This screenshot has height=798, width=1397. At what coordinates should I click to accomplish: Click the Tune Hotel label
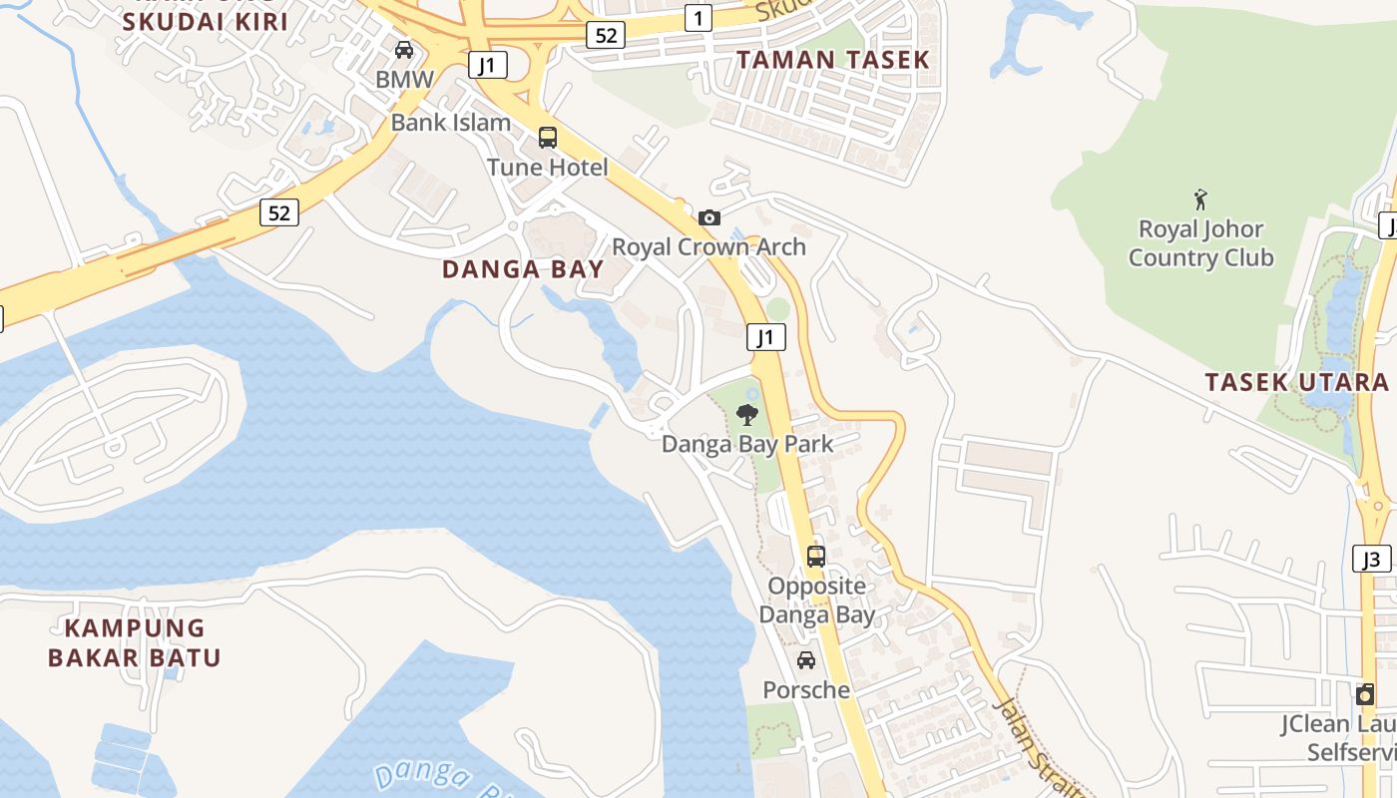click(547, 167)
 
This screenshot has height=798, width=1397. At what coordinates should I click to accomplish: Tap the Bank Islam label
click(450, 123)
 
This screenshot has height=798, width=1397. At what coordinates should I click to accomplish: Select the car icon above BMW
click(404, 50)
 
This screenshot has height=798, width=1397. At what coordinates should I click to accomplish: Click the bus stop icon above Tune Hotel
click(547, 138)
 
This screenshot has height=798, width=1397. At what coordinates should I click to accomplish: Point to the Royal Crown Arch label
click(708, 246)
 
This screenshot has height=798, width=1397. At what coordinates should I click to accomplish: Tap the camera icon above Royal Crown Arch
click(708, 217)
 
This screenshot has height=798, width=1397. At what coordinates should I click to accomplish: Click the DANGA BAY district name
click(523, 269)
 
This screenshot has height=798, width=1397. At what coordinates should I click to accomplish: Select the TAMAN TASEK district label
click(833, 60)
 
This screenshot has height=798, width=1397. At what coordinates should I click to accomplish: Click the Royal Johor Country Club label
click(1200, 243)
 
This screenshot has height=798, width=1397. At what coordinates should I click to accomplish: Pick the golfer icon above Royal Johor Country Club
click(1200, 199)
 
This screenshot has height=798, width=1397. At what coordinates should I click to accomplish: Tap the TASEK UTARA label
click(1296, 382)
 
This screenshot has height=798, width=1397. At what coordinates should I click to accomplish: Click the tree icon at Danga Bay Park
click(746, 415)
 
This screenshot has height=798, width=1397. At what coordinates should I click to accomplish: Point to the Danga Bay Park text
click(746, 444)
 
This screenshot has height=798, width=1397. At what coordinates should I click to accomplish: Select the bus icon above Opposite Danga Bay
click(816, 557)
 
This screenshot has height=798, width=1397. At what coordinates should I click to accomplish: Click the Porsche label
click(806, 689)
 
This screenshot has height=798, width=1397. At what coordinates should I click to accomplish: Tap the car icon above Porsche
click(806, 660)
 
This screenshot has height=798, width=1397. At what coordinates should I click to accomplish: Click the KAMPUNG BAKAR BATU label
click(134, 643)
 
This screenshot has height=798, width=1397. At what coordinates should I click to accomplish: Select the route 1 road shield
click(698, 17)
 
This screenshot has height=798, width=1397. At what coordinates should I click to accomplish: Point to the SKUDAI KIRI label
click(205, 22)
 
